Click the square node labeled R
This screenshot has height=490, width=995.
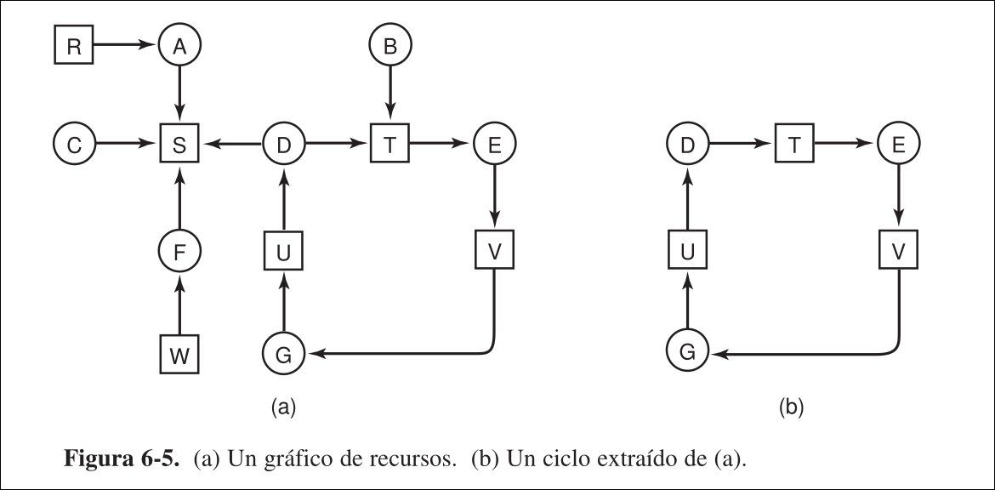[74, 48]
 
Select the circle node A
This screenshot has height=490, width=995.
[179, 48]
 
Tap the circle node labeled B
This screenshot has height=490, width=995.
[390, 48]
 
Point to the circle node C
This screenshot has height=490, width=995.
[74, 145]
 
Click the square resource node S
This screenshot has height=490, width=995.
[179, 145]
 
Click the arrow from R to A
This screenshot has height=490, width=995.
[126, 48]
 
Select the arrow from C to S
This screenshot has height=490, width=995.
[127, 145]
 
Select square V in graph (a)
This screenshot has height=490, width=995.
[495, 250]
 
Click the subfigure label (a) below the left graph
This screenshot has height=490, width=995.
[282, 408]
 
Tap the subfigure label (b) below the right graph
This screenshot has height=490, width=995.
[791, 408]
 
